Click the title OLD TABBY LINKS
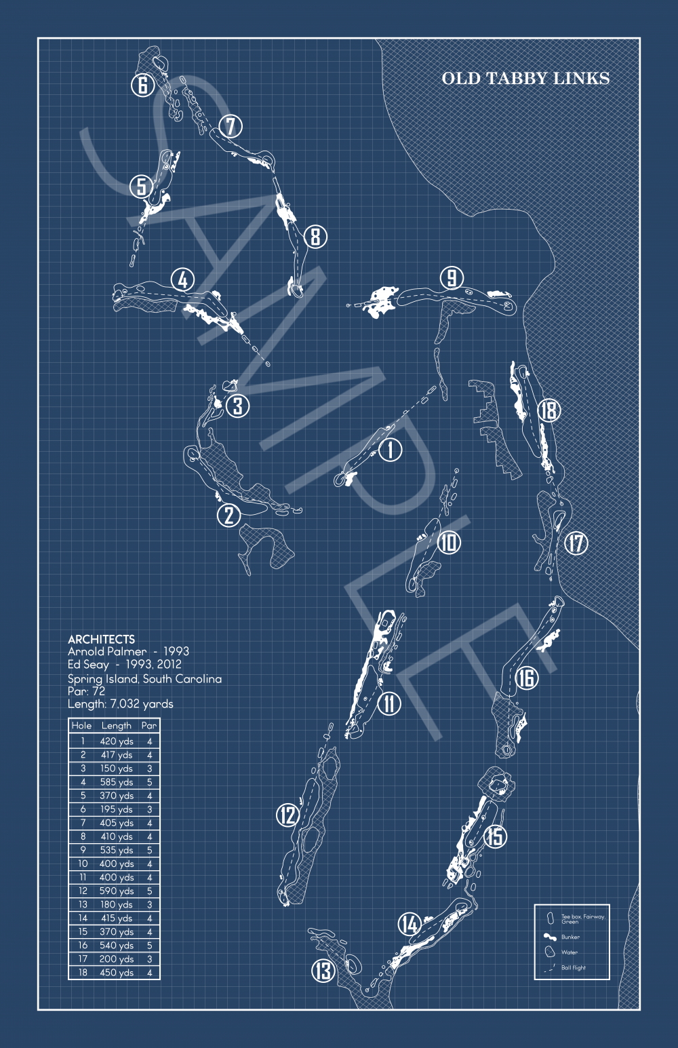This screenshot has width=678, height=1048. [x=525, y=79]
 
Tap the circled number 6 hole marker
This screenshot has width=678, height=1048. [x=142, y=85]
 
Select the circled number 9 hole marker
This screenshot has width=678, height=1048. [x=452, y=277]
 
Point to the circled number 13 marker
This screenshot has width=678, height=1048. [x=323, y=971]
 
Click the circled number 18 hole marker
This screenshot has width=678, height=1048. [x=549, y=410]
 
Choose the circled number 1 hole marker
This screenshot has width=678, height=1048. [x=390, y=449]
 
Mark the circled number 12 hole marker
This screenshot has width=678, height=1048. [x=287, y=815]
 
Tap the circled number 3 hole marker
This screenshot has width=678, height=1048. [x=237, y=406]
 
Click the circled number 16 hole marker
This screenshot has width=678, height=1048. [x=526, y=677]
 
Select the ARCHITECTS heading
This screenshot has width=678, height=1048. [x=101, y=639]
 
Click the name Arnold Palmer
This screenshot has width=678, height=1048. [x=106, y=651]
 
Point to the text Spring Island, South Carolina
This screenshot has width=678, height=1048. [x=144, y=678]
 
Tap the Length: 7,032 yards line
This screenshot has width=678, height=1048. [x=120, y=703]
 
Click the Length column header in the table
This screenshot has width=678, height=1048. [x=116, y=725]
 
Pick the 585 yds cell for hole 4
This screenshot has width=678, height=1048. [x=116, y=782]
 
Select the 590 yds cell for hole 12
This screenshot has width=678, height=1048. [x=116, y=891]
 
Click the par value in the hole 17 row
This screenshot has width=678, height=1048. [x=149, y=958]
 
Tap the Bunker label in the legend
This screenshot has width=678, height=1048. [x=570, y=937]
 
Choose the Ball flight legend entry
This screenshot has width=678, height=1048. [x=573, y=967]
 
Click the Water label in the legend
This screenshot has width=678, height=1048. [x=570, y=952]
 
